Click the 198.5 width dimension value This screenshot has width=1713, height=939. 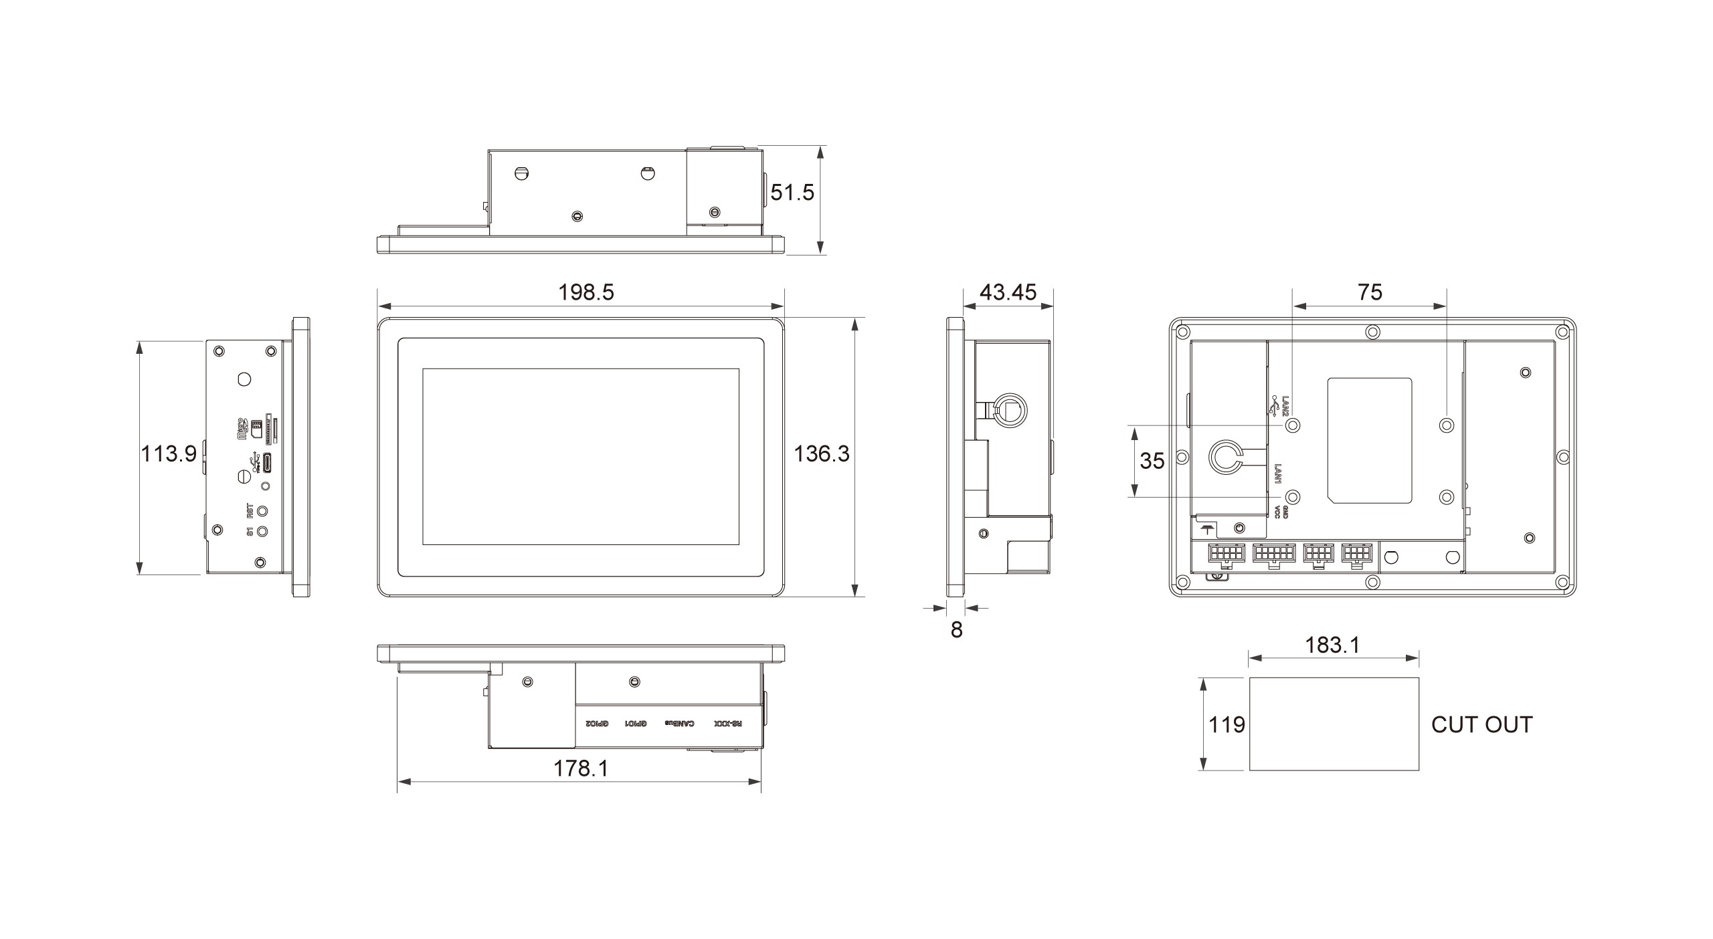585,292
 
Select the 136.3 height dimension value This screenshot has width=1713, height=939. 821,454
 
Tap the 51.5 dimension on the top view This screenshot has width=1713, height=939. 792,193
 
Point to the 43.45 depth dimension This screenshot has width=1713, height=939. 1007,292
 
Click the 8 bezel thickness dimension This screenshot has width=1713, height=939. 956,630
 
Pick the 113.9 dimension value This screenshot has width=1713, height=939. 168,454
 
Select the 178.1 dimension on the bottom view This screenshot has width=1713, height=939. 580,769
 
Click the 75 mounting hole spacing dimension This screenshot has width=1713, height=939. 1370,292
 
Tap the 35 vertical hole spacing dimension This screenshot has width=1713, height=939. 1152,461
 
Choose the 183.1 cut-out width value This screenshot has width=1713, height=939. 1332,645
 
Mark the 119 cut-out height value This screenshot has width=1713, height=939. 1226,724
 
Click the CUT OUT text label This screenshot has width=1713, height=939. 1481,724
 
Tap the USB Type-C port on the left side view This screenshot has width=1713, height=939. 266,461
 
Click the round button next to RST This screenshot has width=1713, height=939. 265,511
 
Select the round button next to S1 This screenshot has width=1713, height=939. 264,531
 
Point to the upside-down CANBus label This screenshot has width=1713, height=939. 679,724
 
